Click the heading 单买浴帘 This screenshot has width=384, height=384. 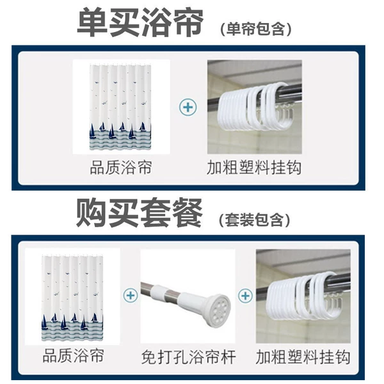140,22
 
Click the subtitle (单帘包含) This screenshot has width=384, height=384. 256,29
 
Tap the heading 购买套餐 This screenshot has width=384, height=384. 139,212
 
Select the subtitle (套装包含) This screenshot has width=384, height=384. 255,220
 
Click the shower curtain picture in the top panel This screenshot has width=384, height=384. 120,107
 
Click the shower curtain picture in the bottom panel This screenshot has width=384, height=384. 72,297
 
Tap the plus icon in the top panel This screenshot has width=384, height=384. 188,108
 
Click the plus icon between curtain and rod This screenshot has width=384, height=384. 131,295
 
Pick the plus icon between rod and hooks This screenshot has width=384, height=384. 245,296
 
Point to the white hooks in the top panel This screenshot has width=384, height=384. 255,106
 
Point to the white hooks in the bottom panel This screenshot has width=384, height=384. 303,295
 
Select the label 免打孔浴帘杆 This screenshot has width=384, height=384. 188,357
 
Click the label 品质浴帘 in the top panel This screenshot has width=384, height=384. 121,168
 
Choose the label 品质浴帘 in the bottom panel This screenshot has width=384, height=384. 73,356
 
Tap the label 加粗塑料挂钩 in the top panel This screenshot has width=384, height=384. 254,168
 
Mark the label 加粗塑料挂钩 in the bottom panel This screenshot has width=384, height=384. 303,357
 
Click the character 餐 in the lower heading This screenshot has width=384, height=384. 187,212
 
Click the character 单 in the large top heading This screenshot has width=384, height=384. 92,22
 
